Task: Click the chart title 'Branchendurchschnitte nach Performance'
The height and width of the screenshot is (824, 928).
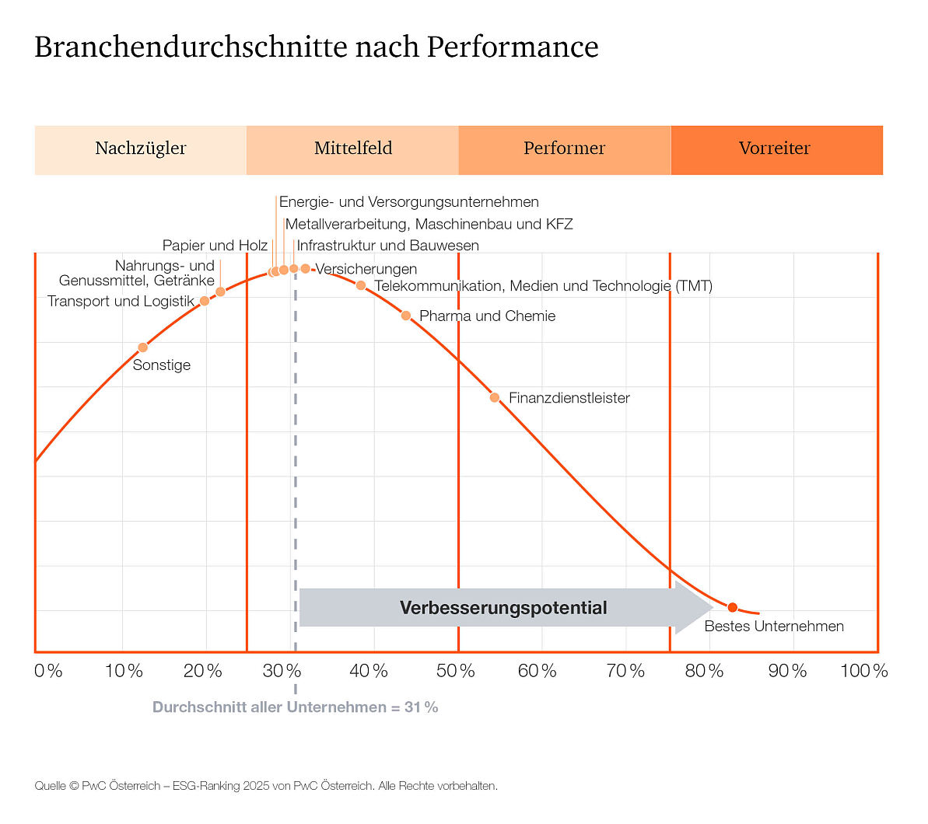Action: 316,47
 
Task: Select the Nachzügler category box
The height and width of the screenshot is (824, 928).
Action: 141,149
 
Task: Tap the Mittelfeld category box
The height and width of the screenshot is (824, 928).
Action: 352,149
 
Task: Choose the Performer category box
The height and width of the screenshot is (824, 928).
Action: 564,149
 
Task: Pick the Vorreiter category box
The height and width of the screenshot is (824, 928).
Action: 776,149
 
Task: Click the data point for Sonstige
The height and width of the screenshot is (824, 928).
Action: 142,347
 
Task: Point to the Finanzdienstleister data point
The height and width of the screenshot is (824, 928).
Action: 495,398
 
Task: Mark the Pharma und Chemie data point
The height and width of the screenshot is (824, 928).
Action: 406,316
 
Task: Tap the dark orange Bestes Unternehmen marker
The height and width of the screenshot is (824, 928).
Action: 732,608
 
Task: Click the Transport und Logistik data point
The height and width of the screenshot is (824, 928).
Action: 205,301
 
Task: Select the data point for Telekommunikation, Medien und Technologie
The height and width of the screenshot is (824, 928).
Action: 361,286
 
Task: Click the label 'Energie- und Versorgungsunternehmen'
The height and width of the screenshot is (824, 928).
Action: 408,202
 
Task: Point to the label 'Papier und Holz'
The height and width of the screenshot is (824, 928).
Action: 215,246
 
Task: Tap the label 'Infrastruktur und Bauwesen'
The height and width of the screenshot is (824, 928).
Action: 387,246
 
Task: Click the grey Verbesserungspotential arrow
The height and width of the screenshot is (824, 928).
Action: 503,608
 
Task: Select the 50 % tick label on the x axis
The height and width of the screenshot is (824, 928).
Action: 455,671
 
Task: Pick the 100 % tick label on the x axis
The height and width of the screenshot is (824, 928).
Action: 863,671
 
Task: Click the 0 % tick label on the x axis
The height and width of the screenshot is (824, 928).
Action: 48,671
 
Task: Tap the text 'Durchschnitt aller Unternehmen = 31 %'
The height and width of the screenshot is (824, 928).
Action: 295,707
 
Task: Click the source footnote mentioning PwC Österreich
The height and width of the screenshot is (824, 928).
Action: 265,786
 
